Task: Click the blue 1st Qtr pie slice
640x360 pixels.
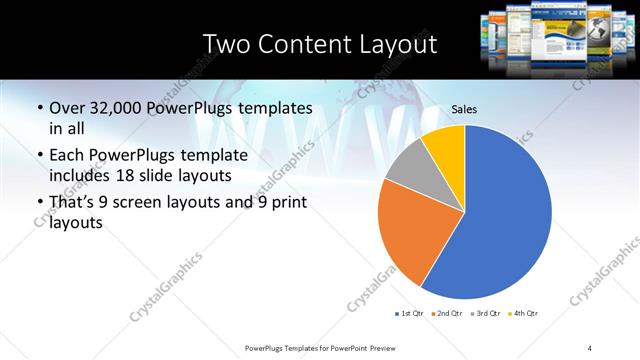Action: coord(510,215)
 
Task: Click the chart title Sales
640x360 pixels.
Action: coord(464,110)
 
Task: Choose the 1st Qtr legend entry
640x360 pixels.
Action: coord(408,314)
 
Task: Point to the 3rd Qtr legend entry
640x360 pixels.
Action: coord(483,314)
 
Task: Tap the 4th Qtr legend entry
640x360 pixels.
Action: coord(521,314)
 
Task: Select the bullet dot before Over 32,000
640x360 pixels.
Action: coord(38,108)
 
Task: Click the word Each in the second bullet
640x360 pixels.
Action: coord(66,155)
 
